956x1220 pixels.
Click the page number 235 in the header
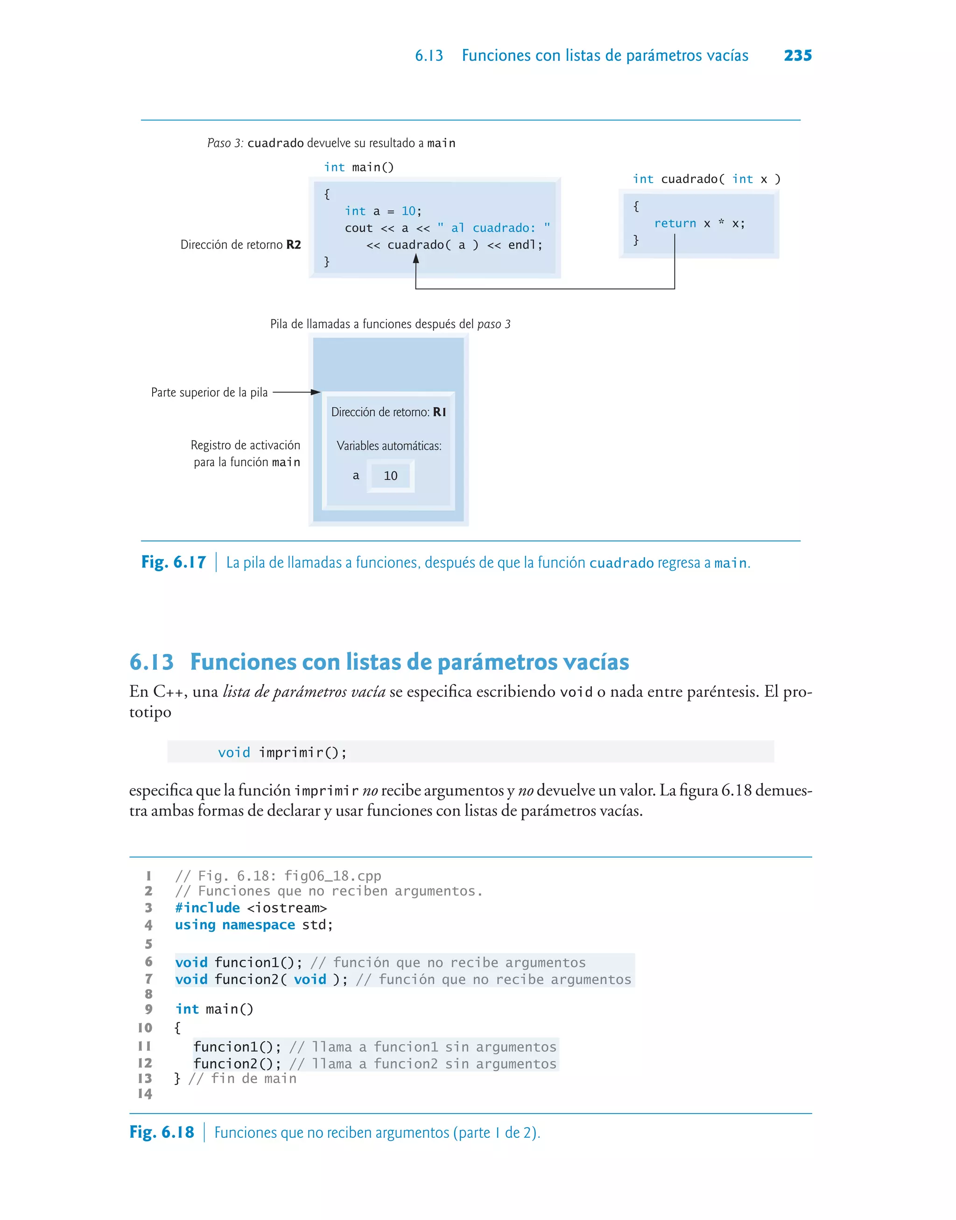pos(798,56)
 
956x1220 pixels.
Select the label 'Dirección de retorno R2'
pos(241,245)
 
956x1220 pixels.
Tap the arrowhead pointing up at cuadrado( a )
pos(416,259)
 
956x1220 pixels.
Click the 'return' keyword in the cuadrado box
pos(675,223)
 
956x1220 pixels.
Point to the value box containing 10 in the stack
pos(391,476)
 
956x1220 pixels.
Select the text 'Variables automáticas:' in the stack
pos(389,446)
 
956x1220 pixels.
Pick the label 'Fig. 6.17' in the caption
pos(174,562)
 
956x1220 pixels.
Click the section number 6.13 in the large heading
pos(152,662)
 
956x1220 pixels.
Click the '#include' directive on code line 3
pos(207,908)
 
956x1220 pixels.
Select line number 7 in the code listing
pos(148,979)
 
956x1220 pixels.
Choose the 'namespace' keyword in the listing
pos(259,925)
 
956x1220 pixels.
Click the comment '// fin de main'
pos(242,1078)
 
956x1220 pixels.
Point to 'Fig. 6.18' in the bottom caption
pos(162,1132)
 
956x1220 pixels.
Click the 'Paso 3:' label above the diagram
pos(225,143)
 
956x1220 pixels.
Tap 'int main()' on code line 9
pos(214,1009)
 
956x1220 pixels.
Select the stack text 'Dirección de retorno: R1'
pos(389,412)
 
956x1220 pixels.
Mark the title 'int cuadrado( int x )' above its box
pos(706,179)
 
